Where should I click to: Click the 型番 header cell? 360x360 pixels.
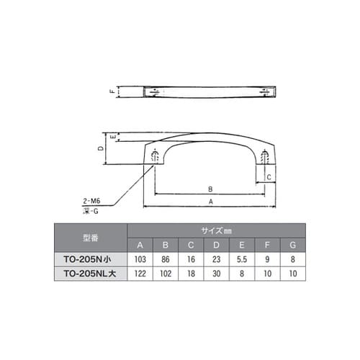pos(91,236)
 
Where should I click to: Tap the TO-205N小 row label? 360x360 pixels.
pos(91,258)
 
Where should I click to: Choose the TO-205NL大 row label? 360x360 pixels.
pos(91,274)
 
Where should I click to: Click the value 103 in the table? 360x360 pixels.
pos(141,258)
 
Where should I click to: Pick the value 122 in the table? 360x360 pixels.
pos(141,274)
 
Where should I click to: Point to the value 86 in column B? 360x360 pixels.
pos(166,258)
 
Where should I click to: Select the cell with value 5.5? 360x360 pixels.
pos(241,258)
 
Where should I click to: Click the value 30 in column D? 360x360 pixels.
pos(216,274)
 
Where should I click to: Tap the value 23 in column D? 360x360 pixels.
pos(216,258)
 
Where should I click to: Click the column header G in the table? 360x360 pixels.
pos(292,243)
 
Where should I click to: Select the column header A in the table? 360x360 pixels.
pos(141,243)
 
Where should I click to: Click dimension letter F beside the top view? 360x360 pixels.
pos(112,92)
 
